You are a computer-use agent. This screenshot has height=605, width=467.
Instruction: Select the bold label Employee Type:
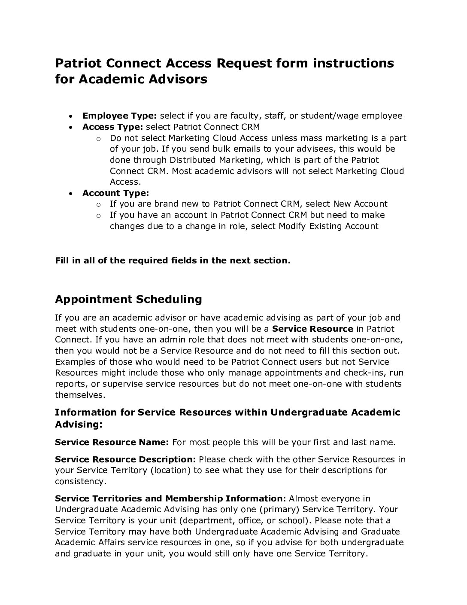coord(120,116)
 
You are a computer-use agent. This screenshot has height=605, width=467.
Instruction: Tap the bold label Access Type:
coord(113,127)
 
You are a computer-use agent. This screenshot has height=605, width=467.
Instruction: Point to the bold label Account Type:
coord(115,193)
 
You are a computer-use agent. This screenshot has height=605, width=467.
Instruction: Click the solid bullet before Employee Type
coord(71,116)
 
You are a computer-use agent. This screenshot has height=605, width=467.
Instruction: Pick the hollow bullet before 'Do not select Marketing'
coord(98,138)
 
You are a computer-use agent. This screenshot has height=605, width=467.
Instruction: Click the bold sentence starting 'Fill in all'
coord(173,260)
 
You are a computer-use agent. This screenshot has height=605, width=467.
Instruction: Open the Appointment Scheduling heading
coord(128,299)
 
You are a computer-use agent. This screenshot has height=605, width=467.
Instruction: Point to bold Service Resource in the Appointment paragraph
coord(312,329)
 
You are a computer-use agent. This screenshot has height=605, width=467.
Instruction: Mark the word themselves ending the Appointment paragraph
coord(79,394)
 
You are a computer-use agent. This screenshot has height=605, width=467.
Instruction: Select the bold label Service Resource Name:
coord(112,442)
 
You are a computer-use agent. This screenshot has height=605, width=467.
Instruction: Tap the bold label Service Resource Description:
coord(125,459)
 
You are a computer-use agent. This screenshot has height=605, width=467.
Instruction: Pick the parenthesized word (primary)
coord(280,509)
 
